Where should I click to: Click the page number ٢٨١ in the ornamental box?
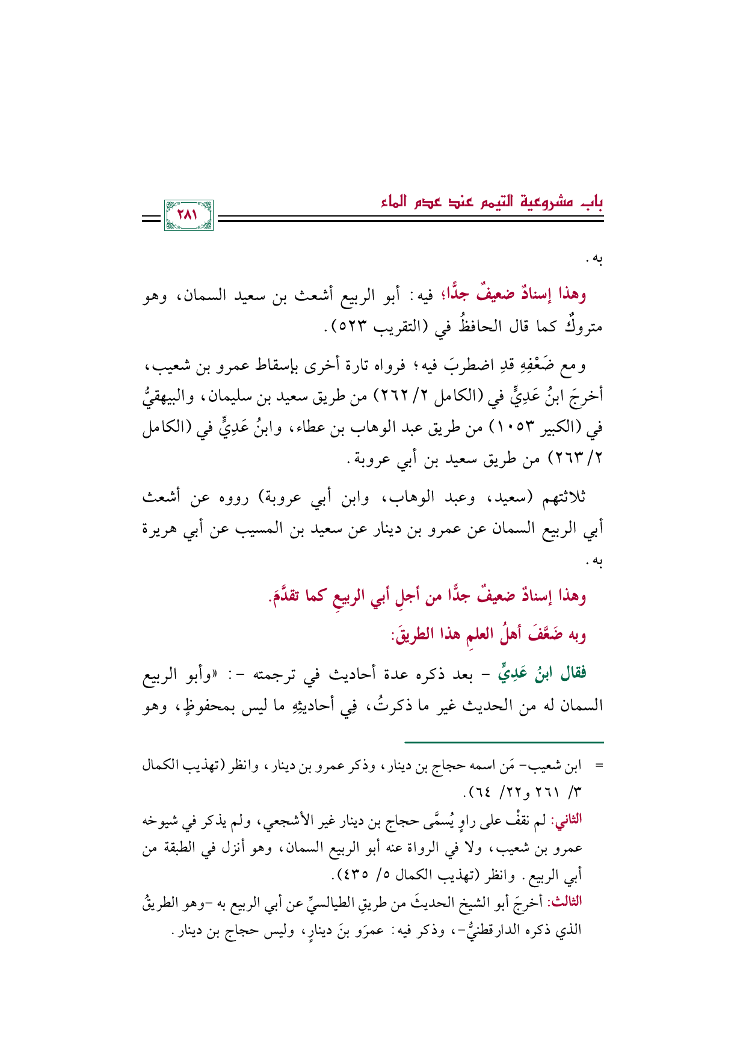coord(188,215)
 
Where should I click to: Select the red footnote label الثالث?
coord(567,902)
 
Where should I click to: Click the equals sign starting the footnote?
coord(598,766)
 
